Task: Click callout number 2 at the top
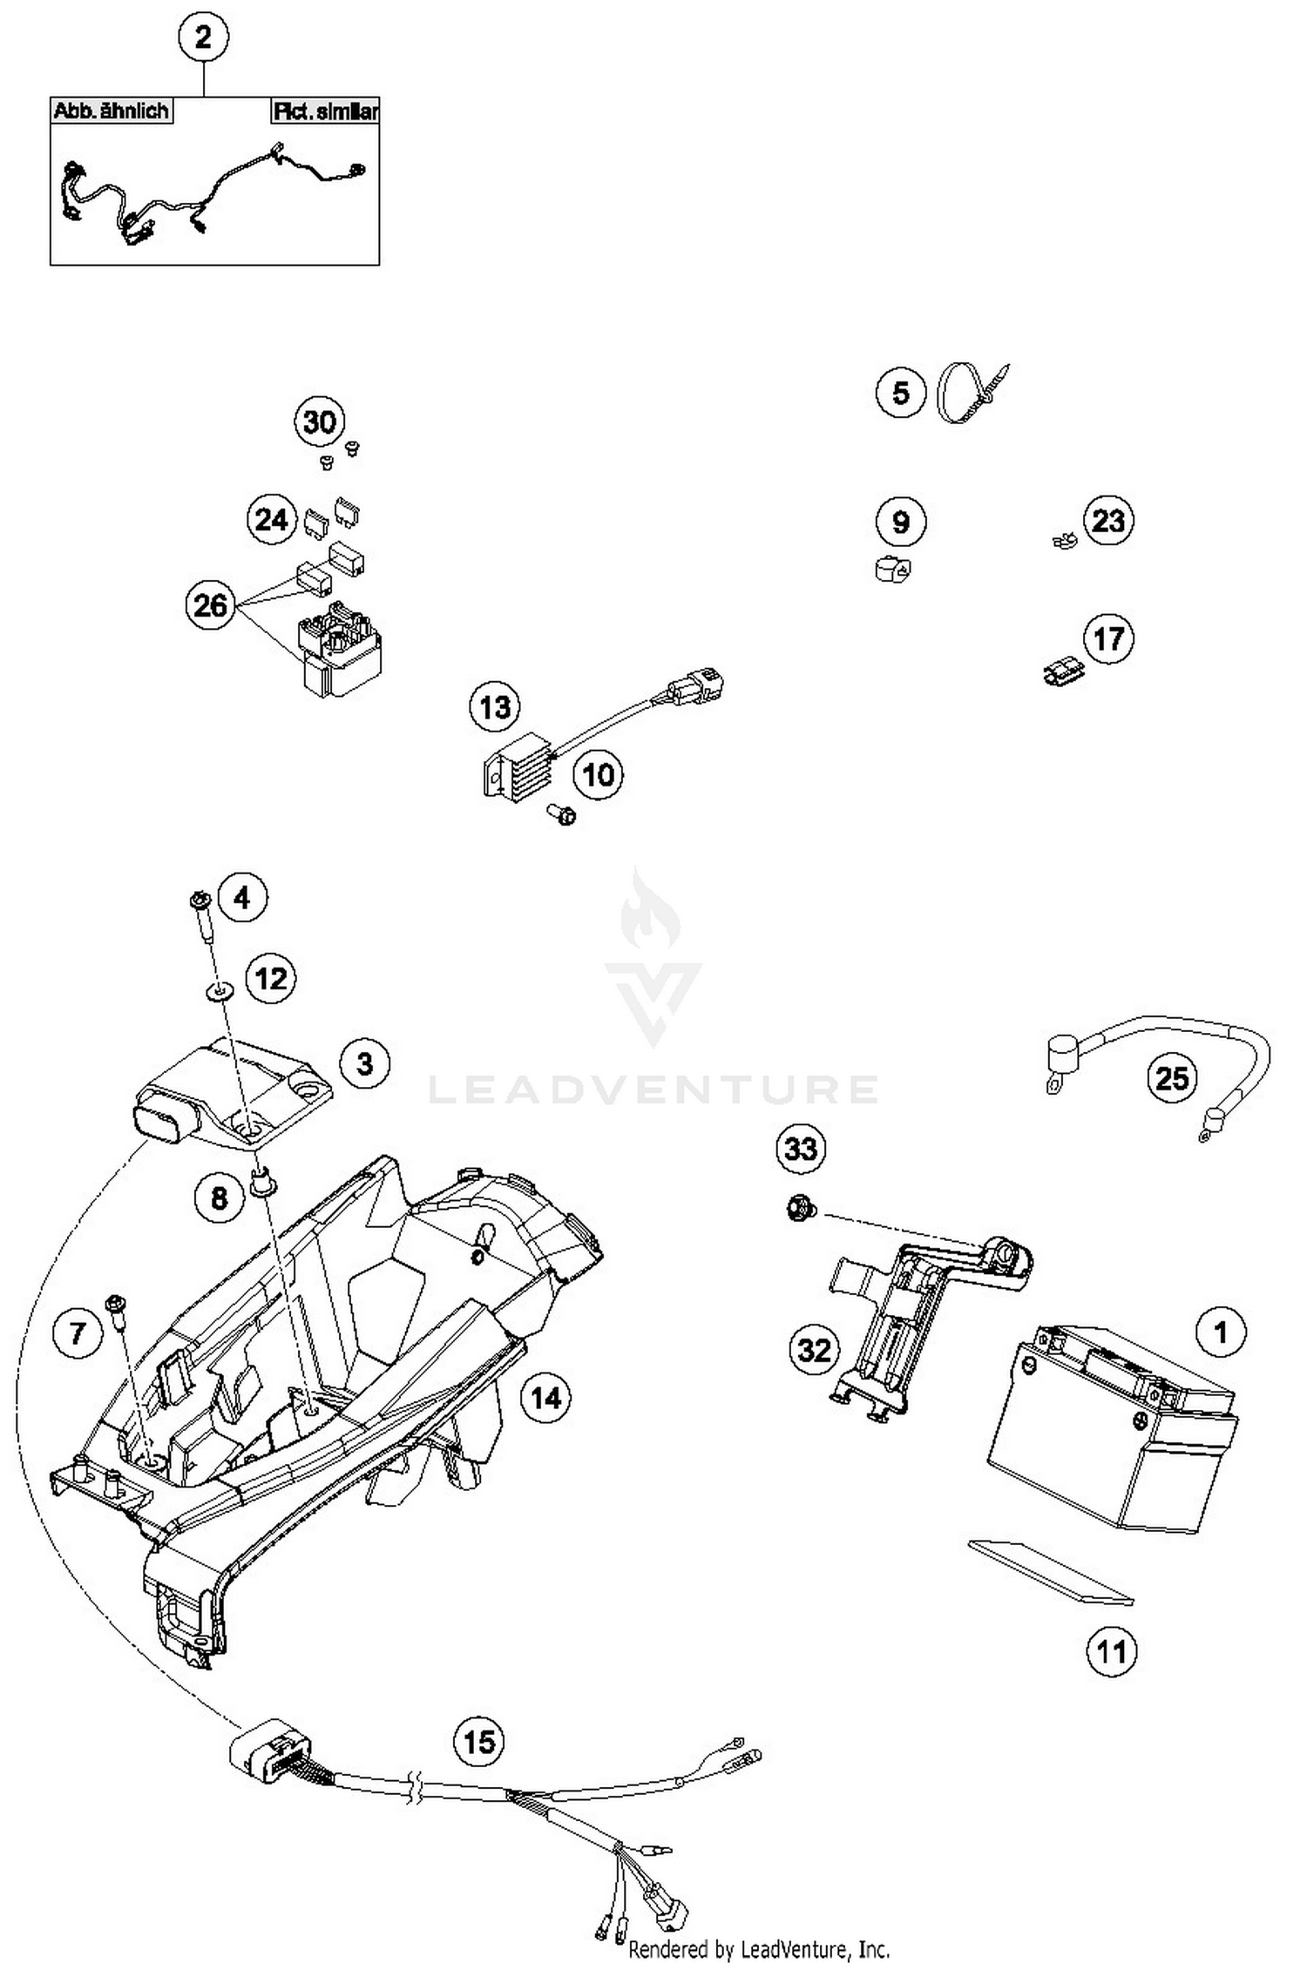coord(203,38)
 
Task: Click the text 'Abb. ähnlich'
coord(111,111)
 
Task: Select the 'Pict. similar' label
coord(325,111)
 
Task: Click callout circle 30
coord(319,422)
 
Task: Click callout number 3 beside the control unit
coord(364,1063)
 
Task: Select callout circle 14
coord(545,1397)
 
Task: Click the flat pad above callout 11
coord(1050,1570)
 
